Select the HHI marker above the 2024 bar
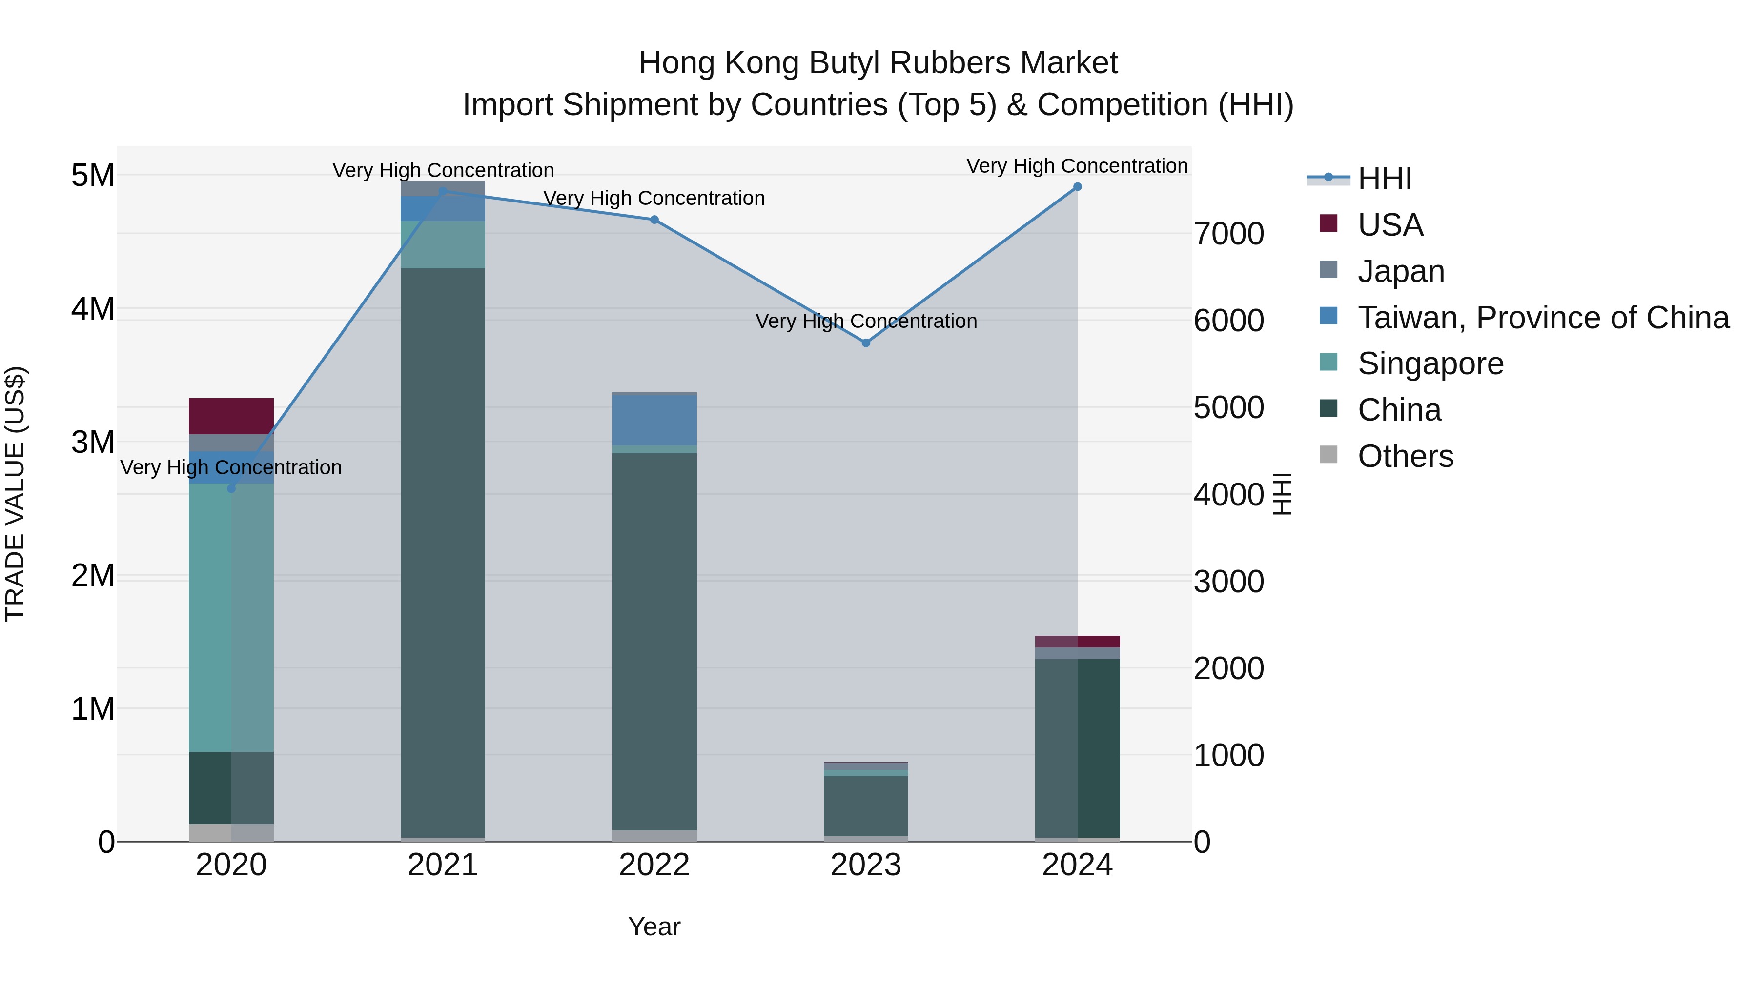click(1077, 187)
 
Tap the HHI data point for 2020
click(231, 488)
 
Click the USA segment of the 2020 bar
click(231, 416)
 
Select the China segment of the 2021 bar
click(443, 552)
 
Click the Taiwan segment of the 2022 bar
click(654, 421)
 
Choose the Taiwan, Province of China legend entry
click(1543, 318)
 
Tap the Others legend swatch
click(1328, 455)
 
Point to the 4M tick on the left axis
click(93, 309)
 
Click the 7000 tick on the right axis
click(1228, 234)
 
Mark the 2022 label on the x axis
click(654, 865)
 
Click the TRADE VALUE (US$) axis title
click(16, 494)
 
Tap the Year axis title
click(654, 927)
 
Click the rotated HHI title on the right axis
click(1282, 494)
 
